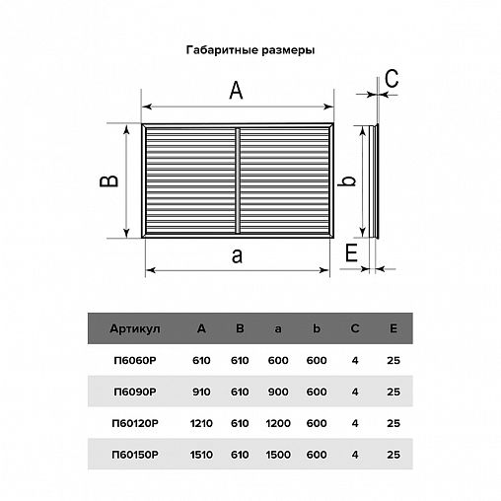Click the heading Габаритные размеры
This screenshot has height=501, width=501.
click(x=250, y=48)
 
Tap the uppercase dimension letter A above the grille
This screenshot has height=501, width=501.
click(x=237, y=91)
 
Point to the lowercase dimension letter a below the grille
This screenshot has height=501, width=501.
click(x=236, y=256)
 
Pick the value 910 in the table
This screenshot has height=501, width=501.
click(x=201, y=392)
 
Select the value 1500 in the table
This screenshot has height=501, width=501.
click(x=277, y=455)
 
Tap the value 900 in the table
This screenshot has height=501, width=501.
click(x=277, y=392)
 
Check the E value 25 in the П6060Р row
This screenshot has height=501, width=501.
click(x=394, y=360)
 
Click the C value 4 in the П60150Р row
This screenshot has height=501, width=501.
click(x=355, y=455)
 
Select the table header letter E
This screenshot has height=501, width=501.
click(x=394, y=328)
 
